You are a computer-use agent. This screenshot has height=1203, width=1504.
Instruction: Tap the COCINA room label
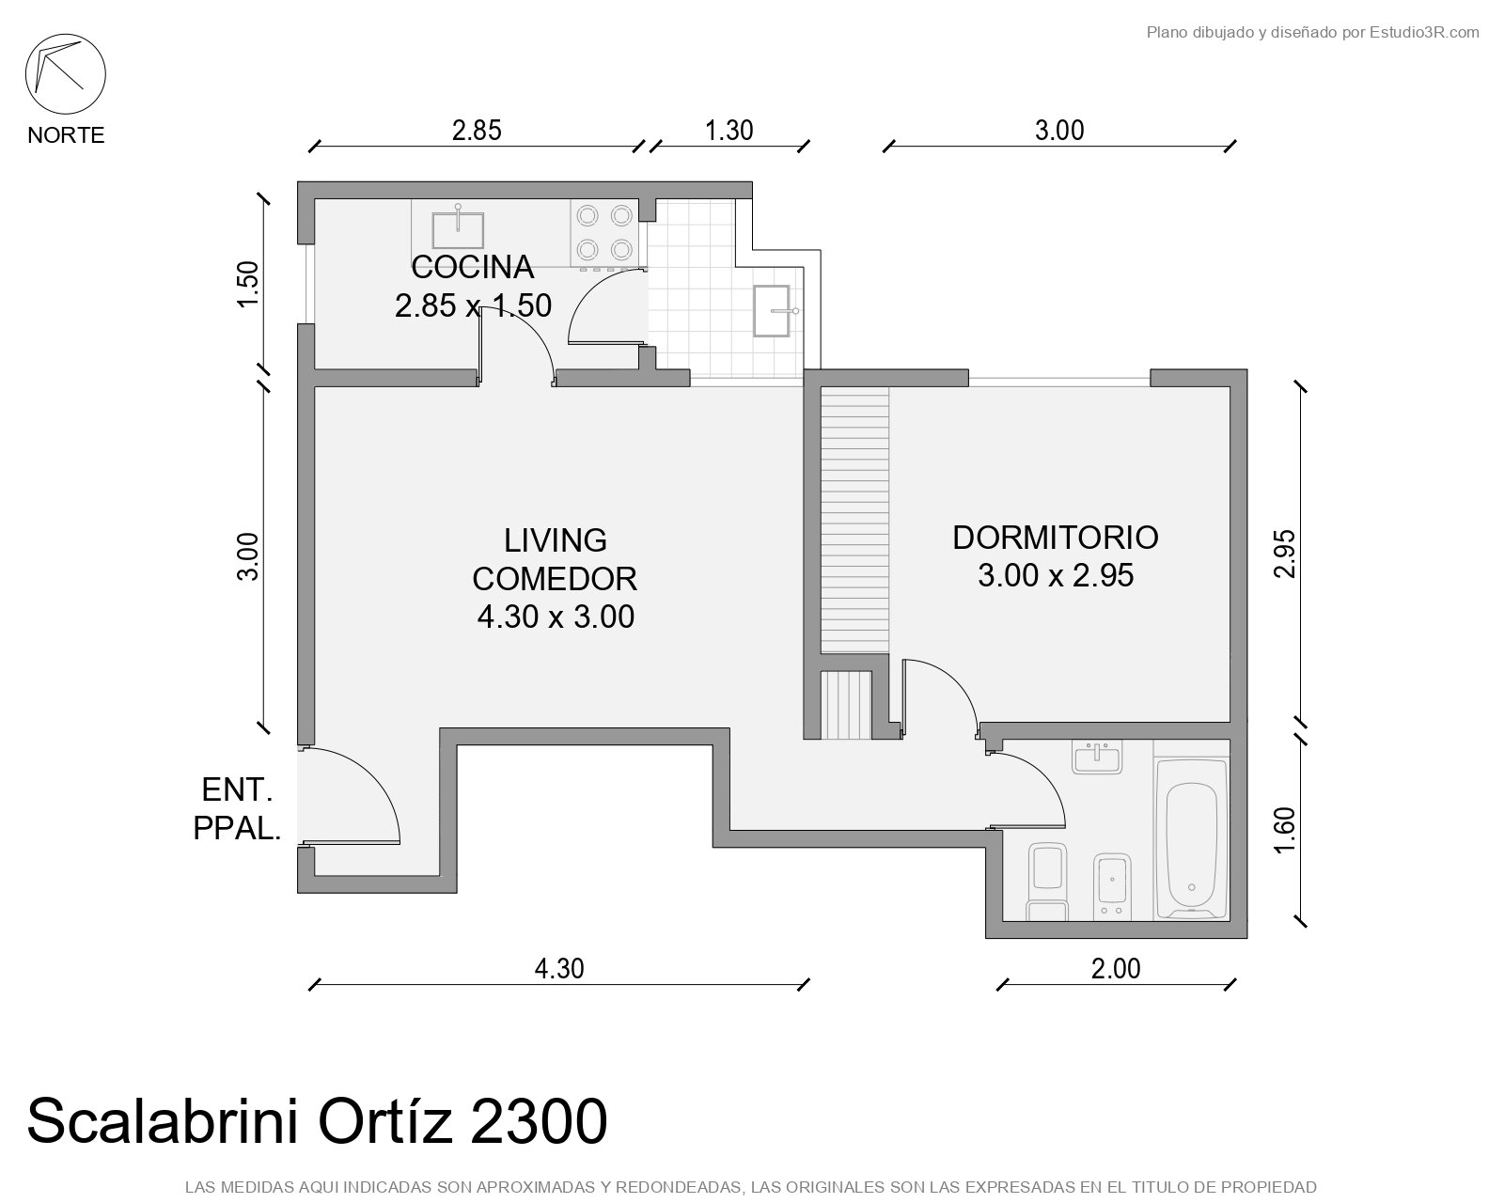tap(473, 267)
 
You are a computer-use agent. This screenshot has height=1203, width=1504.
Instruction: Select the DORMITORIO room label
tap(1056, 538)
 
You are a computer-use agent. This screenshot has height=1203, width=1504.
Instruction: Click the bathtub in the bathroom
tap(1192, 839)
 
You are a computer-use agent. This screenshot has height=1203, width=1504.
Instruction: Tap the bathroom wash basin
tap(1097, 758)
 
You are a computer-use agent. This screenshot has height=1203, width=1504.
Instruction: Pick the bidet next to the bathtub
tap(1111, 884)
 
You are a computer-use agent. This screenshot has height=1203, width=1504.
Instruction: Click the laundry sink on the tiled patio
tap(773, 311)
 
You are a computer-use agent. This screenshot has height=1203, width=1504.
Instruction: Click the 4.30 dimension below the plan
tap(559, 969)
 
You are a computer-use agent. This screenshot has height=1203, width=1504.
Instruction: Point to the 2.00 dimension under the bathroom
tap(1116, 969)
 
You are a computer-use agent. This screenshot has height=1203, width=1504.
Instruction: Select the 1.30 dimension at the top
tap(728, 131)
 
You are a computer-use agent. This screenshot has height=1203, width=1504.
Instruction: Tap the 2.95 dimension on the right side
tap(1285, 554)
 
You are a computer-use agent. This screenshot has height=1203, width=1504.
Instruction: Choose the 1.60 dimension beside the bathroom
tap(1285, 831)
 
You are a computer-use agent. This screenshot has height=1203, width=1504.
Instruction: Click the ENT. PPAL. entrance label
tap(237, 809)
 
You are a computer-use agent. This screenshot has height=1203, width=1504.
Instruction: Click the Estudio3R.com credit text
tap(1424, 32)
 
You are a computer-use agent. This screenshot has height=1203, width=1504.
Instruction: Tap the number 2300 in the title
tap(538, 1122)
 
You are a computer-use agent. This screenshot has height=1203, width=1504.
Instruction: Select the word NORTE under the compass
tap(66, 135)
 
